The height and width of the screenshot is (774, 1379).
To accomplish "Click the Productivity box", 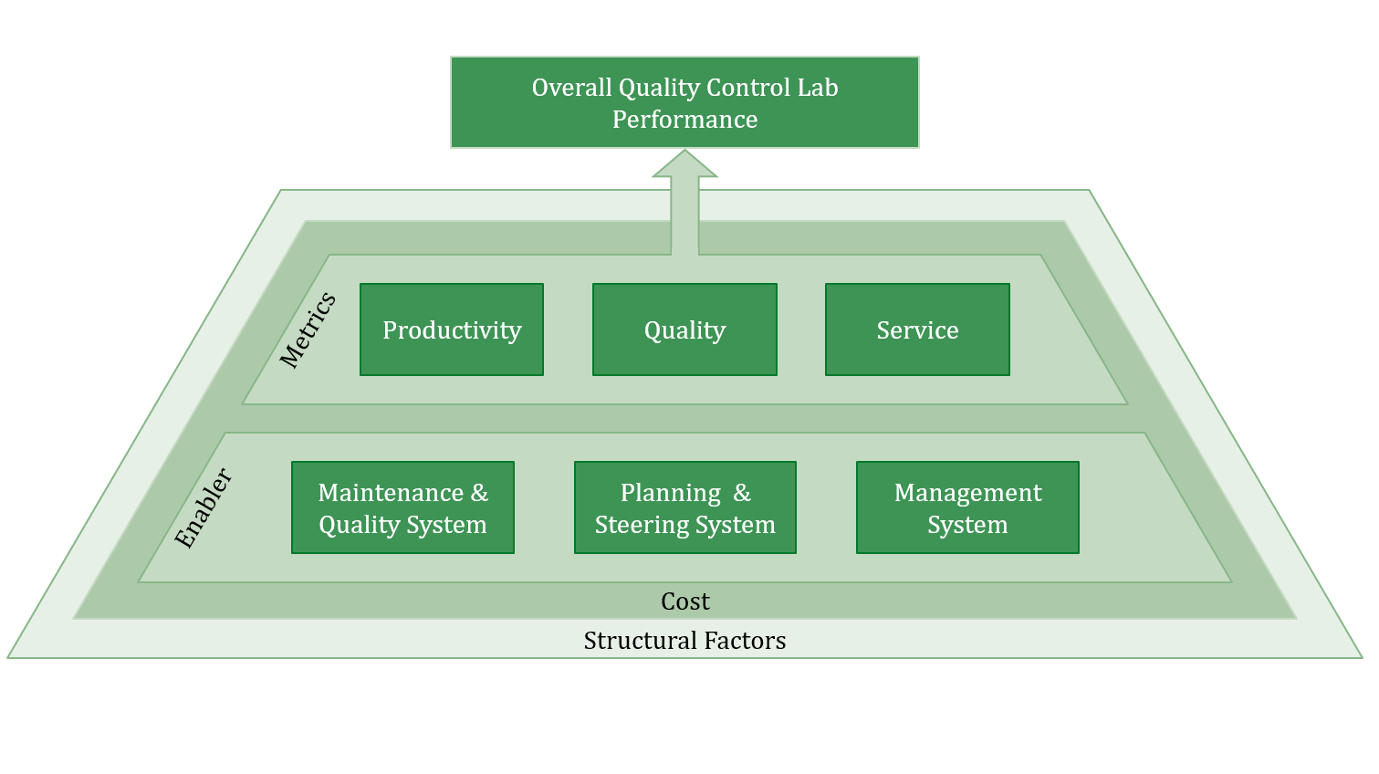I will [452, 329].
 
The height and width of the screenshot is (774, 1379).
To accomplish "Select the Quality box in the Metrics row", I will [684, 329].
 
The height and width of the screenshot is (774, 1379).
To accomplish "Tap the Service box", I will [917, 329].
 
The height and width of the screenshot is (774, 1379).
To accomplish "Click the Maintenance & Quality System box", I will [402, 507].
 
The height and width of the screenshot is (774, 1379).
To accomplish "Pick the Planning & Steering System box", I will [684, 507].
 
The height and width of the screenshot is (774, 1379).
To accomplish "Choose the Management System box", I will [967, 507].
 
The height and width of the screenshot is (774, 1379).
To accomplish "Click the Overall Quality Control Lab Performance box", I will [684, 102].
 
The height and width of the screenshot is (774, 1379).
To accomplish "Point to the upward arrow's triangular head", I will [684, 165].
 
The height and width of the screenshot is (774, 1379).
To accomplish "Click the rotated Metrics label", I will [308, 330].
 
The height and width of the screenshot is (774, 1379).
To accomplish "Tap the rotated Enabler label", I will [204, 508].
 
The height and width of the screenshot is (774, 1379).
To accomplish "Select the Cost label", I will [684, 601].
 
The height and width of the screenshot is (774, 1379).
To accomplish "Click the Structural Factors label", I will [684, 641].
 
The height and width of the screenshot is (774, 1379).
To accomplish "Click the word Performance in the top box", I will [684, 120].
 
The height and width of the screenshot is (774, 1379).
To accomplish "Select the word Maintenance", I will [391, 493].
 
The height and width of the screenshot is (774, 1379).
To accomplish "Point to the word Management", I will [967, 493].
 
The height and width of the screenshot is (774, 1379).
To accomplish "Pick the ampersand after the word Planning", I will [742, 493].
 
